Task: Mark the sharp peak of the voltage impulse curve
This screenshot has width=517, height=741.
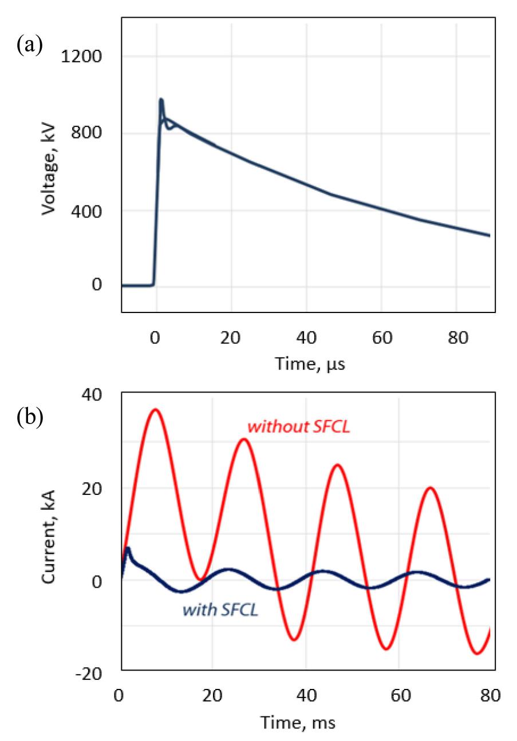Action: [x=161, y=100]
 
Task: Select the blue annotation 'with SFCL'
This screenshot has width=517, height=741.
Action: [x=220, y=610]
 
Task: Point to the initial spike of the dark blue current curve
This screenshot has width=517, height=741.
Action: [x=128, y=548]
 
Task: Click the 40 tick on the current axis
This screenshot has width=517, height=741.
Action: [x=90, y=394]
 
